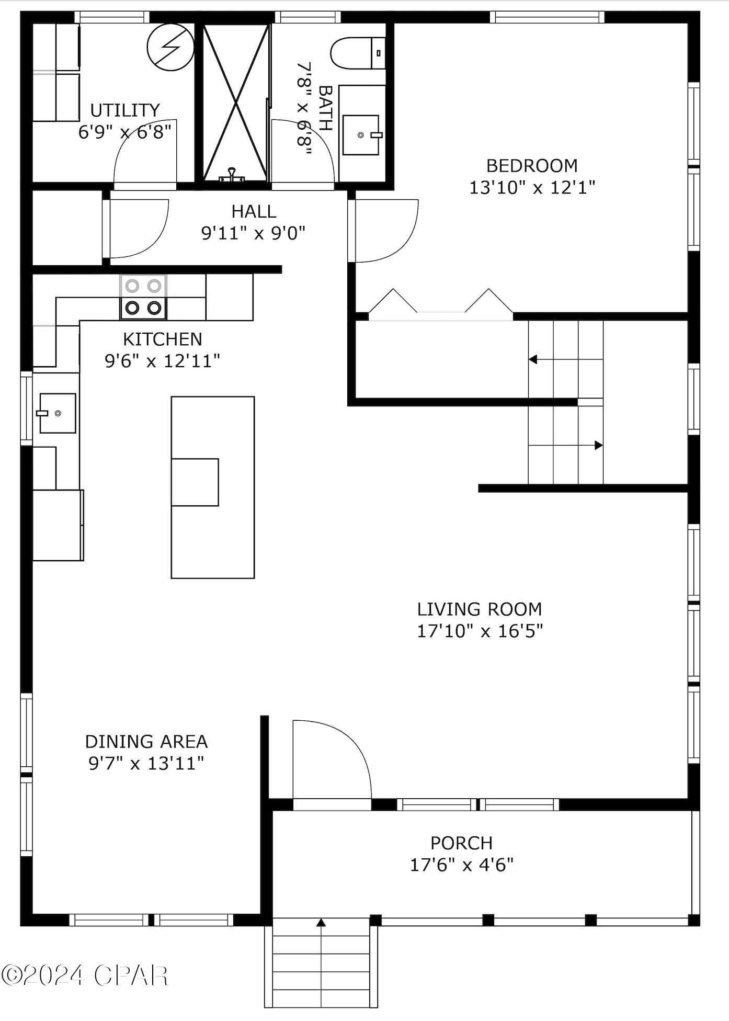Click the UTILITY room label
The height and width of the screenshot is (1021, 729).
[124, 110]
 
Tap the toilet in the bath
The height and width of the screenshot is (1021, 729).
[358, 53]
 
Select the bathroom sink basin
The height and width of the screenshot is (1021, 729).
[361, 135]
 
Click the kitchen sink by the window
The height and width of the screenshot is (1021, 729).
[58, 413]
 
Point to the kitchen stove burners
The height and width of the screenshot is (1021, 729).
[143, 297]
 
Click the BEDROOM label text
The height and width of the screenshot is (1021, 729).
[532, 166]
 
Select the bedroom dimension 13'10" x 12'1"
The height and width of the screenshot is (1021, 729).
[532, 187]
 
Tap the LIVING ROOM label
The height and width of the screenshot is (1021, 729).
[480, 609]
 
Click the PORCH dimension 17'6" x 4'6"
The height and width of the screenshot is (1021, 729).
[461, 865]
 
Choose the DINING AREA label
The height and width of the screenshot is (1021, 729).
[146, 742]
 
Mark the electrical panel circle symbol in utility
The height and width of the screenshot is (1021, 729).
[170, 48]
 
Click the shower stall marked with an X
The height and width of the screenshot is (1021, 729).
[236, 103]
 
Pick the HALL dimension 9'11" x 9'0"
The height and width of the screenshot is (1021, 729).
[253, 233]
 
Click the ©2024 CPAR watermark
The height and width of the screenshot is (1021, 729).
[85, 975]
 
